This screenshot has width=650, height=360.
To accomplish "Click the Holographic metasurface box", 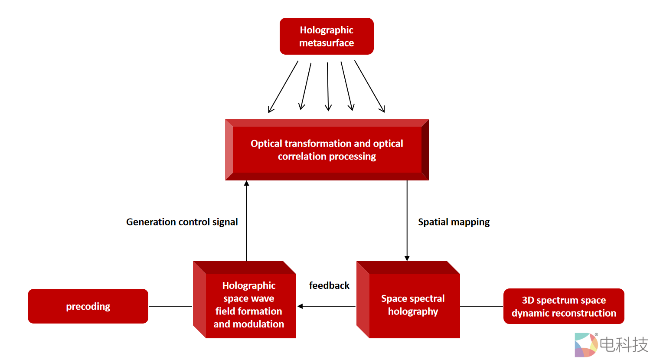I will click(x=327, y=36).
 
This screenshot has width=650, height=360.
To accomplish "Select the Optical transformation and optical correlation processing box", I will click(x=327, y=150).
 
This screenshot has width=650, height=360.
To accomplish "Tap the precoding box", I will click(x=88, y=306).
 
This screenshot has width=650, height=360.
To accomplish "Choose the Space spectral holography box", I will click(x=413, y=305).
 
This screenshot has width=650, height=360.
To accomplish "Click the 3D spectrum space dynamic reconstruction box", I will click(x=564, y=306).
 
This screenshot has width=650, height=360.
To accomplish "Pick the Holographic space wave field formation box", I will click(x=248, y=304).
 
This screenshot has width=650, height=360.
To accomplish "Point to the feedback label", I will click(x=329, y=285).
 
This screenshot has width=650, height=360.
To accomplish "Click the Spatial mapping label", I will click(x=454, y=222).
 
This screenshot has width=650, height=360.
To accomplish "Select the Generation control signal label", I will click(x=182, y=222).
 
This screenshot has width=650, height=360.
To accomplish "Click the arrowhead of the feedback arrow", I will click(x=300, y=306).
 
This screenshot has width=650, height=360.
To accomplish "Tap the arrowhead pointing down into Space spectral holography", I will click(x=407, y=258).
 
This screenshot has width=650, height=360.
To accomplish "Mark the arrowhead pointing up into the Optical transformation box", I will click(x=246, y=183).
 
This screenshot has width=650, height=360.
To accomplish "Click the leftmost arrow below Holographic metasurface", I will click(x=283, y=87).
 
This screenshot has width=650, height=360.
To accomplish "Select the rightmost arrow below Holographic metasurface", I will click(x=369, y=86).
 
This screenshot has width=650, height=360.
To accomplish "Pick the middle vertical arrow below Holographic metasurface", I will click(x=328, y=87).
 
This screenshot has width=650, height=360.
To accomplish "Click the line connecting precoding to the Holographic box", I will click(x=170, y=306).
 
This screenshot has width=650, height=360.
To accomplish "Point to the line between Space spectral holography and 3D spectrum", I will click(x=481, y=306).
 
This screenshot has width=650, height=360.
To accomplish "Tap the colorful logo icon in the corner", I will click(x=585, y=345).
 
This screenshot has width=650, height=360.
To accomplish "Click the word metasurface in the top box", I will click(x=327, y=43).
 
